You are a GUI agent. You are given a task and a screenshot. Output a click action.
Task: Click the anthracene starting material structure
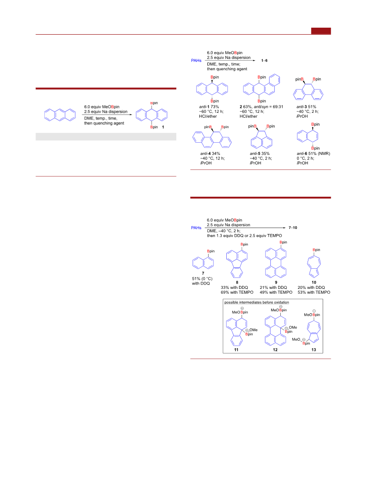pos(60,115)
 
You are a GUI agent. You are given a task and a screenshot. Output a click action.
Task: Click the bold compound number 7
pos(203,274)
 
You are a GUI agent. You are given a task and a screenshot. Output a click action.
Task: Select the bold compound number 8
pos(237,283)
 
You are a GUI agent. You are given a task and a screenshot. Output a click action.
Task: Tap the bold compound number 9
pos(276,283)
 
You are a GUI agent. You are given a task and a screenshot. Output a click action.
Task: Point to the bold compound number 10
pos(314,283)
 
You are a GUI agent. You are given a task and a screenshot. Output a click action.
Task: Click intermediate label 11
pos(236,350)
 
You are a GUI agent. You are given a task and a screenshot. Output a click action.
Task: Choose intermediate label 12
pos(275,350)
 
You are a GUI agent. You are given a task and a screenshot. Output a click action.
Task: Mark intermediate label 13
pos(314,350)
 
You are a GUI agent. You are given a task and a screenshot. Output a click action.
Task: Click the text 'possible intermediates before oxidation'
pos(257,303)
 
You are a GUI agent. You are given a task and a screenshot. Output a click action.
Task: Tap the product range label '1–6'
pos(264,61)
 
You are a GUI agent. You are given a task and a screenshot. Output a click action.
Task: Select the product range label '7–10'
pos(293,227)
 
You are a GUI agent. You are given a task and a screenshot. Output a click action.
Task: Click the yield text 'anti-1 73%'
pos(209,107)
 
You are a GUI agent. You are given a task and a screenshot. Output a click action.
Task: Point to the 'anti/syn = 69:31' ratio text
pos(268,107)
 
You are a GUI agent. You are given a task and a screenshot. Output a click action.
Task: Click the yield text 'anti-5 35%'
pos(260,154)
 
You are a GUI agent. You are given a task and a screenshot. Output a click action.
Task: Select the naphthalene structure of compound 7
pos(203,263)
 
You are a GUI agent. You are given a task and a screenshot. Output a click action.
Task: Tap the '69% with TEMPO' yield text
pos(237,292)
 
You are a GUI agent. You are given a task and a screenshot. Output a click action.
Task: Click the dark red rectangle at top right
pos(321,31)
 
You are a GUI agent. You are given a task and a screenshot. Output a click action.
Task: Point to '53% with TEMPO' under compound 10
pos(314,292)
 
